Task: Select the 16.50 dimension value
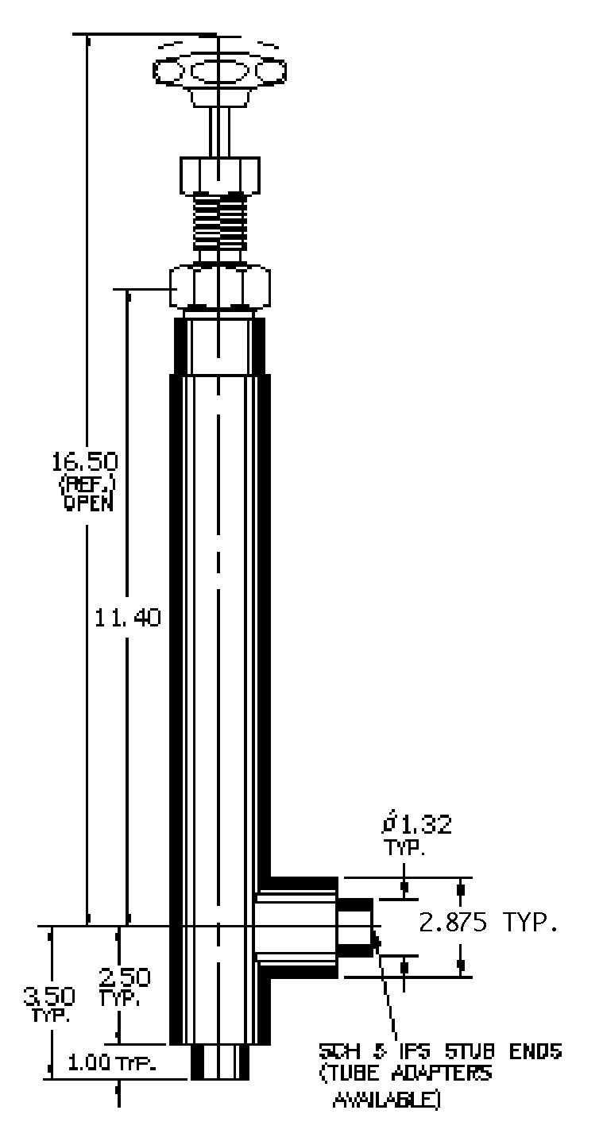85,461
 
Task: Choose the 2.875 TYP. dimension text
488,924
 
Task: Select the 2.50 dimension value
125,977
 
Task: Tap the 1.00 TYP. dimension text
110,1063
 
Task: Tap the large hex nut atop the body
219,287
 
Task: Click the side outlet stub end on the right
355,927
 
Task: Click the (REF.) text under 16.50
85,484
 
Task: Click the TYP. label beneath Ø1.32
404,848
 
